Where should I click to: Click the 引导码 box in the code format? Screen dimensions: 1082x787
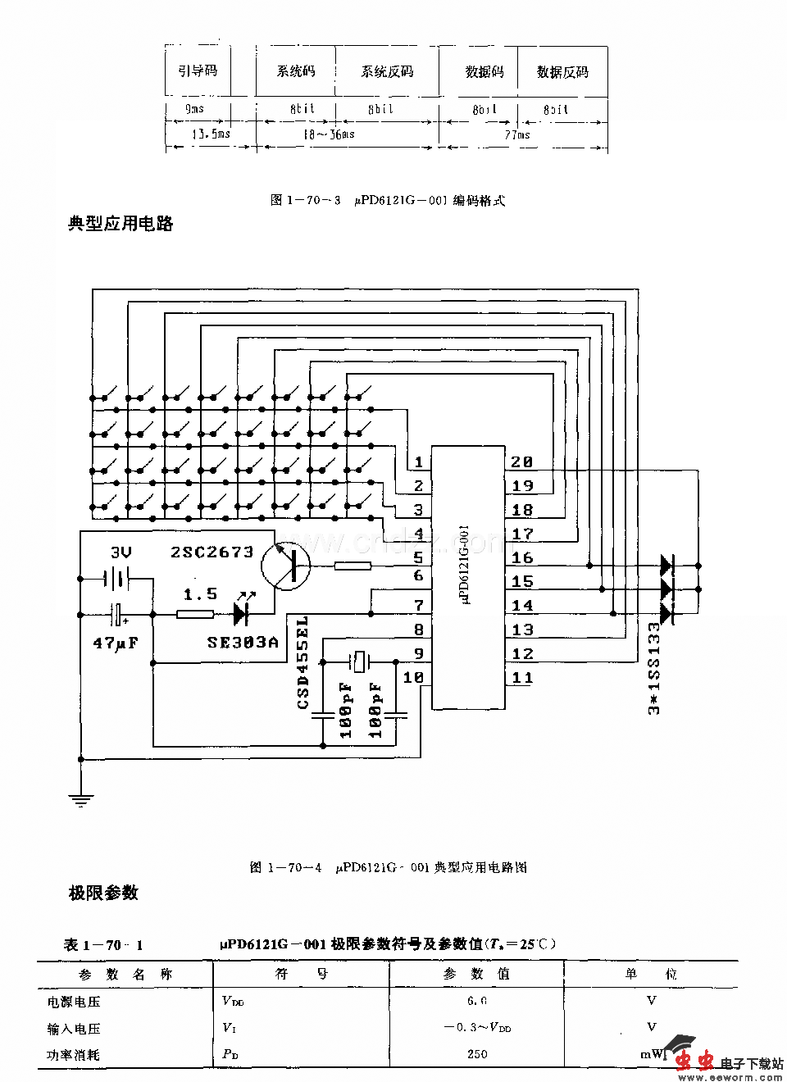tap(198, 71)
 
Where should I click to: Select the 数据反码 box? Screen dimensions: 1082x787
tap(562, 72)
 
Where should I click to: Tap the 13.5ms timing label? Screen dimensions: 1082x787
tap(211, 134)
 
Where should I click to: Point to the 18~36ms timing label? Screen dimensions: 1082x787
tap(328, 134)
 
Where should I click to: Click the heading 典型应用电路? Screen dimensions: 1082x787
tap(120, 224)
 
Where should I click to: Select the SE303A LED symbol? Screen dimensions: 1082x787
tap(241, 613)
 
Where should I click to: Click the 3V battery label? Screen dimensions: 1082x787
tap(121, 553)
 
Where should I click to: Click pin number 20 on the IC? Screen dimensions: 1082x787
tap(522, 462)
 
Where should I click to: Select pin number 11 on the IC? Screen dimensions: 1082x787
tap(522, 678)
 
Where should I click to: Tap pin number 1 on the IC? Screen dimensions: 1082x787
tap(419, 463)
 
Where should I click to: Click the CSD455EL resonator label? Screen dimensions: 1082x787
tap(303, 663)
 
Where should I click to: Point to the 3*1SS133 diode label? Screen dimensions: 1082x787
tap(654, 668)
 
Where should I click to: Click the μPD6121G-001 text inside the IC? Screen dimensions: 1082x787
tap(466, 566)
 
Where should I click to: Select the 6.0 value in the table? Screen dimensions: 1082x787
tap(477, 1001)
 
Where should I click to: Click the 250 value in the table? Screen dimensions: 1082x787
tap(477, 1054)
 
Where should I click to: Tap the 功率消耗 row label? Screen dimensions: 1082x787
tap(73, 1055)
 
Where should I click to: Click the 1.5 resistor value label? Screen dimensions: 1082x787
tap(200, 594)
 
